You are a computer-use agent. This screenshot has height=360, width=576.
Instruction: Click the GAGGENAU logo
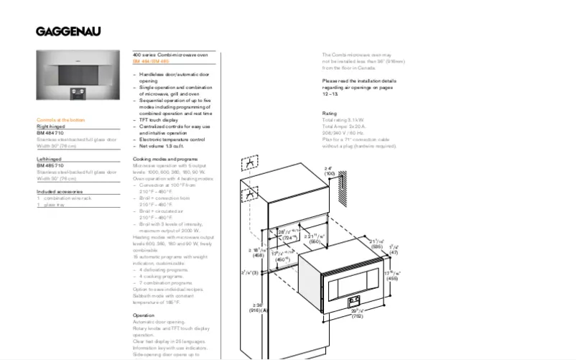(x=69, y=31)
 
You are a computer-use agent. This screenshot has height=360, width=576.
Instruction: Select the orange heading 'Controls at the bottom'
(x=61, y=120)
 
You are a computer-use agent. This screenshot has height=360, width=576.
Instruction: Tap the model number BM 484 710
(x=50, y=133)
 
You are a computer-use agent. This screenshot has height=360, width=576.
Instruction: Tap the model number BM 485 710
(x=50, y=165)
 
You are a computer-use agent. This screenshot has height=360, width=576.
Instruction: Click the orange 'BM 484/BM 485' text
(x=151, y=62)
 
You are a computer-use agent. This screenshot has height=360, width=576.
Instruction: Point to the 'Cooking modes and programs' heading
(x=165, y=158)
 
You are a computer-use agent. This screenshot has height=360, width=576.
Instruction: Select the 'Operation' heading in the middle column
(x=144, y=315)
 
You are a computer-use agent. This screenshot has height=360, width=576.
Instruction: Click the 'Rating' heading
(x=330, y=114)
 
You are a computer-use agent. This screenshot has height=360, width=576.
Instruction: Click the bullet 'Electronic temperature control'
(x=172, y=139)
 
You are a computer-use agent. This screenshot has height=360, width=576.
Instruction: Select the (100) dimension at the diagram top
(x=330, y=174)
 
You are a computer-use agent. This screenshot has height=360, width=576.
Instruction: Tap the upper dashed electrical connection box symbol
(x=248, y=165)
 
